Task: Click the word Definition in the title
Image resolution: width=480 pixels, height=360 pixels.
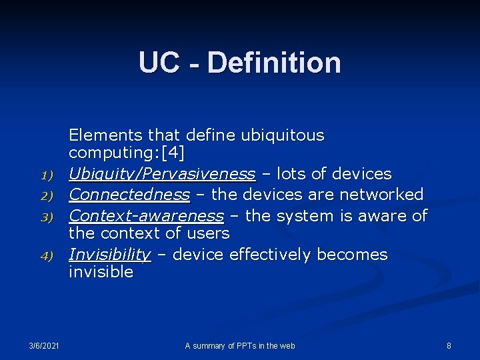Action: click(x=274, y=63)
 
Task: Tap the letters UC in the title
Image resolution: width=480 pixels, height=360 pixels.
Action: click(x=159, y=63)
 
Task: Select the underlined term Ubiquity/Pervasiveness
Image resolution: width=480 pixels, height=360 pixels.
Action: click(x=162, y=174)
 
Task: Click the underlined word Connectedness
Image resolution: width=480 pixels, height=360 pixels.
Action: click(x=129, y=195)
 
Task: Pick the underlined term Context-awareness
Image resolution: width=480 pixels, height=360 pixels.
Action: click(x=146, y=216)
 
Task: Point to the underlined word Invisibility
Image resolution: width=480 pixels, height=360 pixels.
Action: click(x=110, y=255)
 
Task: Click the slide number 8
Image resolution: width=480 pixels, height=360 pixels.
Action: click(x=449, y=345)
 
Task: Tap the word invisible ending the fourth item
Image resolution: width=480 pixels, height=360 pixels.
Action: click(x=101, y=272)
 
